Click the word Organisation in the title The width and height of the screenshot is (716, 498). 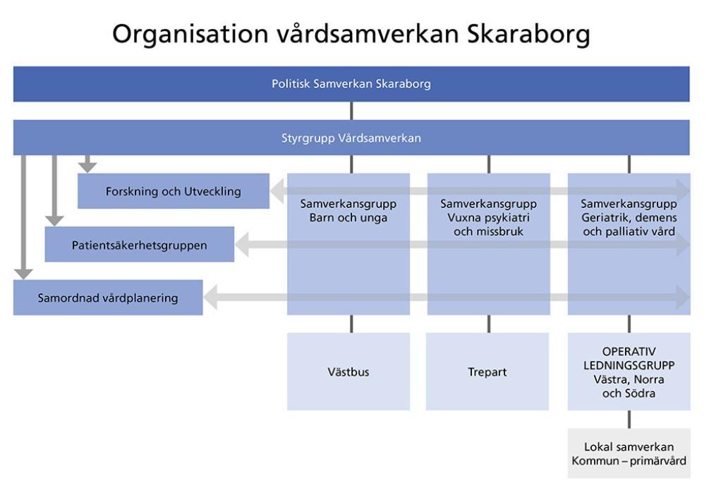point(190,35)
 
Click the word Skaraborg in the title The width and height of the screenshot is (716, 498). point(528,35)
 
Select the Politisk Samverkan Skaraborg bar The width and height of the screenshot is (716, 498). point(351,84)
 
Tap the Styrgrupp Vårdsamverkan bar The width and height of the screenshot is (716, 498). point(351,138)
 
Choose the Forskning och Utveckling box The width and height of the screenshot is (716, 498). point(174,190)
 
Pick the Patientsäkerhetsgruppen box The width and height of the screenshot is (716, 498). point(139,244)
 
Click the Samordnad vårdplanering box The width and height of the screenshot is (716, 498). point(108,298)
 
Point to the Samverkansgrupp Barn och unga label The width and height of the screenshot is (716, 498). point(348,210)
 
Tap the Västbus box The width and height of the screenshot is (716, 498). point(348,372)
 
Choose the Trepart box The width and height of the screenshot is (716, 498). point(487,372)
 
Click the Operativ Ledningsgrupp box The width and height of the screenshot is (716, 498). point(629,372)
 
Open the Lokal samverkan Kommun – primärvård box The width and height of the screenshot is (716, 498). point(629,454)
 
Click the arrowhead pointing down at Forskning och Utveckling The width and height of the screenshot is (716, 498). point(87,167)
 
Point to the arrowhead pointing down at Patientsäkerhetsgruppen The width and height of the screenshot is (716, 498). point(54,221)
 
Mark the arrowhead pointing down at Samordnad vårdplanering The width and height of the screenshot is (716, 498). point(23,274)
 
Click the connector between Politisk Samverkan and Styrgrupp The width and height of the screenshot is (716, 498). point(351,111)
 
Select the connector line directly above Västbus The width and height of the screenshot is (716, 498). point(351,324)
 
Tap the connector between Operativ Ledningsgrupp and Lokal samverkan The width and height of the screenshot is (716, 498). point(629,419)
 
